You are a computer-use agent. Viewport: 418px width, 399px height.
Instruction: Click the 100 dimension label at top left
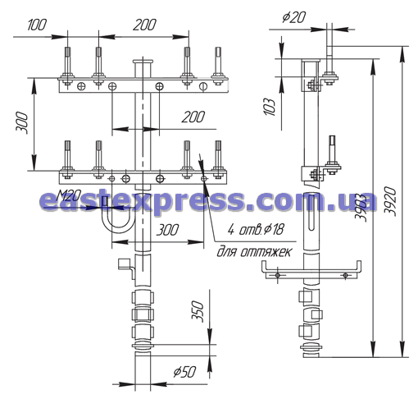pyautogui.click(x=37, y=25)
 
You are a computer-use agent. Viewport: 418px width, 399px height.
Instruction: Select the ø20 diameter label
pyautogui.click(x=294, y=17)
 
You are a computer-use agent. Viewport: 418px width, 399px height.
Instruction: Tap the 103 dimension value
pyautogui.click(x=270, y=107)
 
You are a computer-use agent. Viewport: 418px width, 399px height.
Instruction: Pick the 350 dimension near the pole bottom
pyautogui.click(x=198, y=311)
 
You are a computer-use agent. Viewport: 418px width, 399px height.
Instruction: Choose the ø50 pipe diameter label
pyautogui.click(x=185, y=372)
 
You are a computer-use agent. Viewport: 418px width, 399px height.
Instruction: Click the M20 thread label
pyautogui.click(x=68, y=195)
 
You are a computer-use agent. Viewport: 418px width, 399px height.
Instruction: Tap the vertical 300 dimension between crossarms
pyautogui.click(x=22, y=123)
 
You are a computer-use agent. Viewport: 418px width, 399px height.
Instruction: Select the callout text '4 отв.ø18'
pyautogui.click(x=256, y=229)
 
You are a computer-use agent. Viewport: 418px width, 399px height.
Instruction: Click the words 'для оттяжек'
pyautogui.click(x=254, y=252)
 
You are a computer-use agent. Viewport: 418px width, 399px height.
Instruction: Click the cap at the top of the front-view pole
pyautogui.click(x=143, y=62)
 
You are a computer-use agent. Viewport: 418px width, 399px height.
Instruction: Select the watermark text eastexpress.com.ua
pyautogui.click(x=207, y=201)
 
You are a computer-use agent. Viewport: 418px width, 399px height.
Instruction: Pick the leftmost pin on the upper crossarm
pyautogui.click(x=67, y=66)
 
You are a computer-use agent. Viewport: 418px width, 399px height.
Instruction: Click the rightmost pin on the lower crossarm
pyautogui.click(x=218, y=159)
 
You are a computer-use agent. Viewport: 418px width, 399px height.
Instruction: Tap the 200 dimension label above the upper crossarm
pyautogui.click(x=144, y=25)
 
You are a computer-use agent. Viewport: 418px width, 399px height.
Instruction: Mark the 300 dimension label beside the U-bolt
pyautogui.click(x=168, y=230)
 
